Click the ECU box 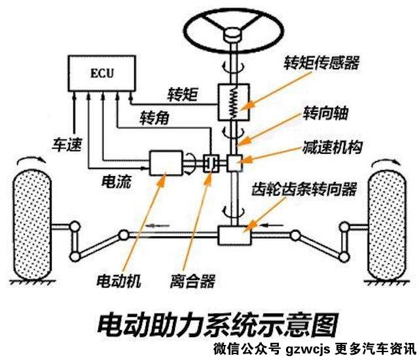(101, 73)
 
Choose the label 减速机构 (333, 145)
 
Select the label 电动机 (118, 281)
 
